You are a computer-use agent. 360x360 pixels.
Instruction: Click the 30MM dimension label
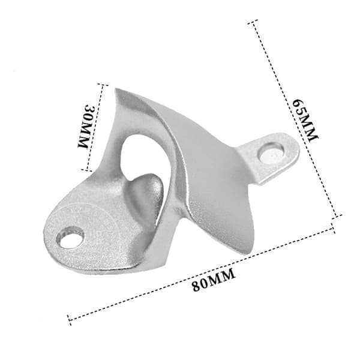86,126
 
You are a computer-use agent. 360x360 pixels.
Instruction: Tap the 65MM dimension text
305,121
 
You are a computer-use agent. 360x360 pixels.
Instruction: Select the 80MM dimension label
214,280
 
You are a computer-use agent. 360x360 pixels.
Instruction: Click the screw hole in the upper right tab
271,152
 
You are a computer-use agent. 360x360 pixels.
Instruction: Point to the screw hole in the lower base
70,238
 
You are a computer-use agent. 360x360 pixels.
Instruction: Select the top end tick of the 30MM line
103,85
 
